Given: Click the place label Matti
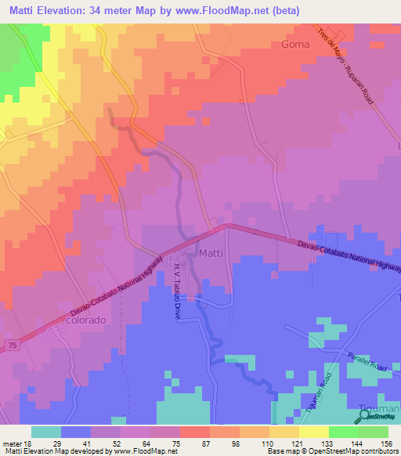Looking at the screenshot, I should (x=212, y=253).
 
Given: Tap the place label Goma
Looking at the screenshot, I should (x=294, y=45).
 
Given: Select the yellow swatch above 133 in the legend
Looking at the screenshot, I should (x=313, y=432).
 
